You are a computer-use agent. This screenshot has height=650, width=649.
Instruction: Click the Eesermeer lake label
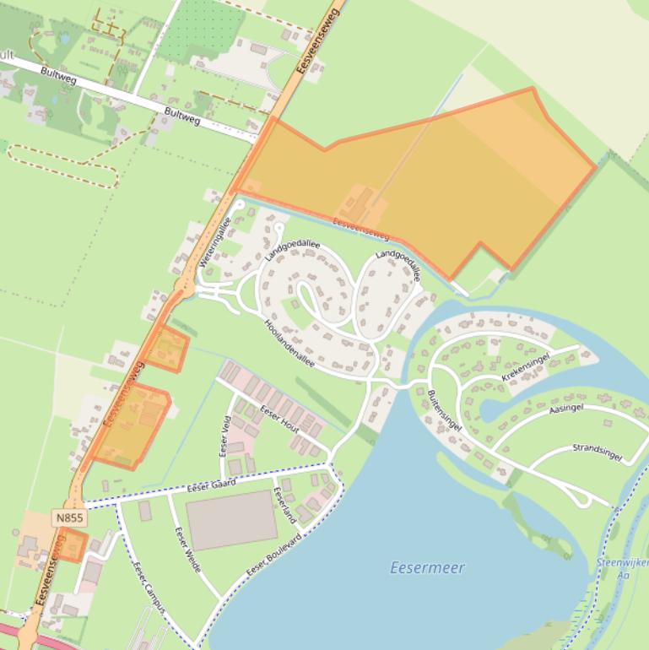pyautogui.click(x=427, y=568)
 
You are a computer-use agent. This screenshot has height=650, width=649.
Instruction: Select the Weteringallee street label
pyautogui.click(x=215, y=242)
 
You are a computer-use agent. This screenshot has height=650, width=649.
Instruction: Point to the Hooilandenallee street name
pyautogui.click(x=289, y=344)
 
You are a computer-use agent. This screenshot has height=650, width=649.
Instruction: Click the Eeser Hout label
pyautogui.click(x=281, y=419)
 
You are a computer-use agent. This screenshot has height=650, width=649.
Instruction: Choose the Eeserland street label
pyautogui.click(x=284, y=504)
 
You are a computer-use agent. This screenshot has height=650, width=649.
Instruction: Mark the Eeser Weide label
pyautogui.click(x=187, y=549)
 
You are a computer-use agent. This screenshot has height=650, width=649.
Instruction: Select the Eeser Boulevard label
pyautogui.click(x=274, y=555)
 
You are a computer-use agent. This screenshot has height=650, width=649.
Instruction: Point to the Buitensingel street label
pyautogui.click(x=444, y=410)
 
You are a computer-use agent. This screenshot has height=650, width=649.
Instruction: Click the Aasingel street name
pyautogui.click(x=565, y=409)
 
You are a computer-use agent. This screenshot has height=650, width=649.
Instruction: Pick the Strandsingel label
pyautogui.click(x=597, y=452)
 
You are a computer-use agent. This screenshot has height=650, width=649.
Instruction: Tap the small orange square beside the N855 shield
pyautogui.click(x=73, y=544)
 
